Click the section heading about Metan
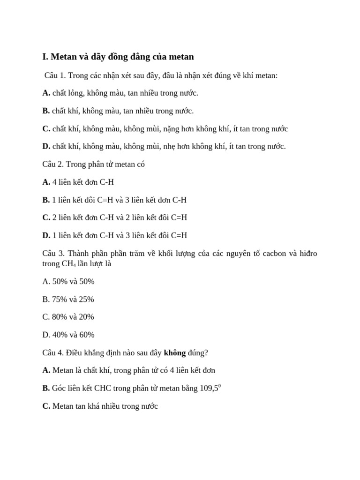click(x=118, y=57)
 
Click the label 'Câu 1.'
click(x=55, y=75)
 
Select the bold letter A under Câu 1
click(x=46, y=93)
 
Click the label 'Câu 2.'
click(x=53, y=164)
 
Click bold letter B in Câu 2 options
click(x=45, y=200)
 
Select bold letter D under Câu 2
click(x=46, y=235)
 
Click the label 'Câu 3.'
click(x=53, y=254)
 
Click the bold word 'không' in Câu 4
click(x=174, y=352)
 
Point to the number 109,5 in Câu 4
click(x=209, y=388)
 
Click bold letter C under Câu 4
click(x=46, y=406)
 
